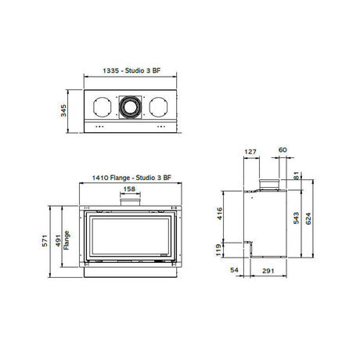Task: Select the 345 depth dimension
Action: pos(69,110)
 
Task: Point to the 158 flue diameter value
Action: pos(130,189)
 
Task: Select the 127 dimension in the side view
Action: pos(250,152)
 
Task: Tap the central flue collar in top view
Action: pos(129,106)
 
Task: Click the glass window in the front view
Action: pos(130,237)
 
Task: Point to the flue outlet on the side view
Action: pos(269,183)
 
